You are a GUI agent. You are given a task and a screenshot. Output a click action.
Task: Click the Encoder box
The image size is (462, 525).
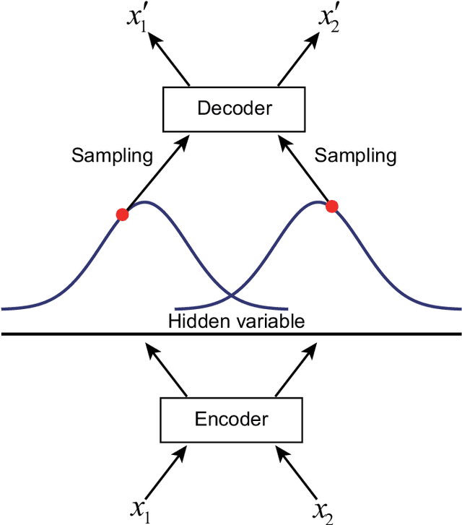tap(231, 420)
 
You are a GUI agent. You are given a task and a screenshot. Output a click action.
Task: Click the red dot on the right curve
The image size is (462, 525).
tap(332, 207)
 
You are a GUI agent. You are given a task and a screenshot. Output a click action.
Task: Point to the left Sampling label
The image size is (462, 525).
tap(112, 155)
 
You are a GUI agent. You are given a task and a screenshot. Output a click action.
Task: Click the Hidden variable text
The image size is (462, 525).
tap(237, 321)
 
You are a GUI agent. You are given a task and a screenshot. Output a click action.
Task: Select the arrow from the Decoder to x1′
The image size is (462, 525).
tap(169, 56)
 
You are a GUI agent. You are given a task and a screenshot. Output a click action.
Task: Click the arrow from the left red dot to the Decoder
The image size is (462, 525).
tap(152, 175)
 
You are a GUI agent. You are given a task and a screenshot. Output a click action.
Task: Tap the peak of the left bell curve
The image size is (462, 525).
tap(144, 202)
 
